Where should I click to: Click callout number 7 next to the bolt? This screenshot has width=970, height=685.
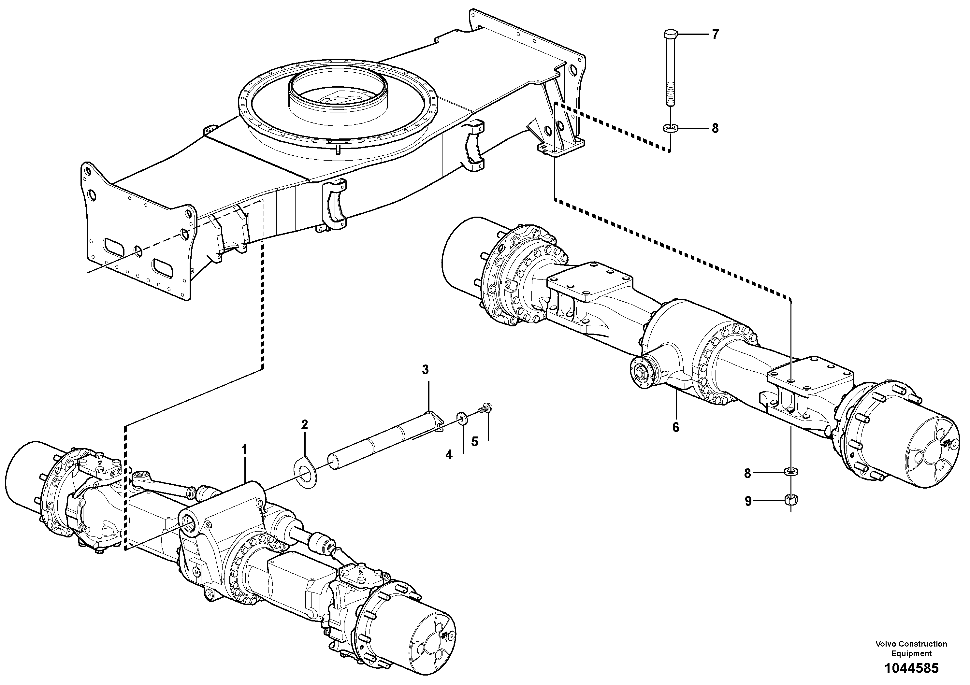coord(715,34)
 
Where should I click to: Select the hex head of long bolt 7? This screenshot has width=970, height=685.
coord(670,34)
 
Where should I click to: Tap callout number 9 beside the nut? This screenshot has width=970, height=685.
coord(748,501)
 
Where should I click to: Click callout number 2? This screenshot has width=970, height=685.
coord(304,425)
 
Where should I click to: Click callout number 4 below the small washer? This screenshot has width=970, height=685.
coord(449,455)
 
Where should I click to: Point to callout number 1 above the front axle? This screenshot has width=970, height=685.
coord(244,450)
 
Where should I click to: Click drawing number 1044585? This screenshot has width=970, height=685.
coord(911,668)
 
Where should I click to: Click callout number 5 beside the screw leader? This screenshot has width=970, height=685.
coord(475,442)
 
